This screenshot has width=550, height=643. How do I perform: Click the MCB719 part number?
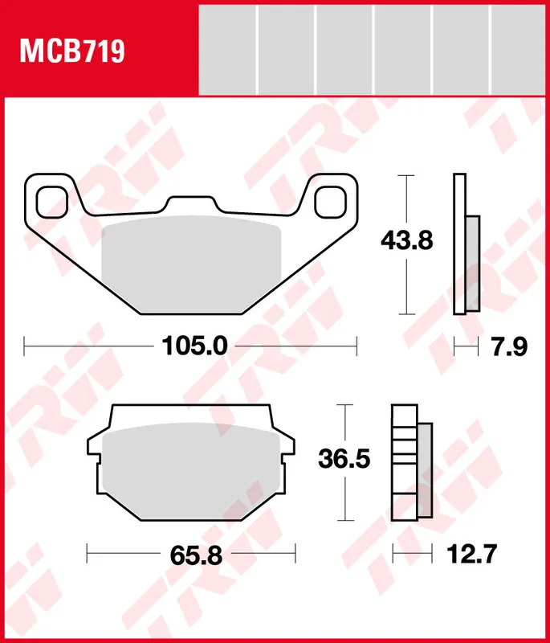(x=72, y=51)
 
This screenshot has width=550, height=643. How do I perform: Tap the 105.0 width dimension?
(x=194, y=346)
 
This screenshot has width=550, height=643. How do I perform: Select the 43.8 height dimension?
(x=406, y=240)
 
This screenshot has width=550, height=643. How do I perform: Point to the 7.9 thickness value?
(x=509, y=347)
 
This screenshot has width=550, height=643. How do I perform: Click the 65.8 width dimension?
(x=196, y=555)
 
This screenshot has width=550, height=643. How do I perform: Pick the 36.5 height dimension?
(x=344, y=458)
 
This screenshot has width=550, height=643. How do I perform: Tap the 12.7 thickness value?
(x=471, y=554)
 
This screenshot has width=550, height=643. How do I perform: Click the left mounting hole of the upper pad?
(x=51, y=203)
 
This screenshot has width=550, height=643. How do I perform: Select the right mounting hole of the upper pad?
(x=331, y=203)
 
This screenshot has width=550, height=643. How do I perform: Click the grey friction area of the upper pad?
(x=191, y=264)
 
